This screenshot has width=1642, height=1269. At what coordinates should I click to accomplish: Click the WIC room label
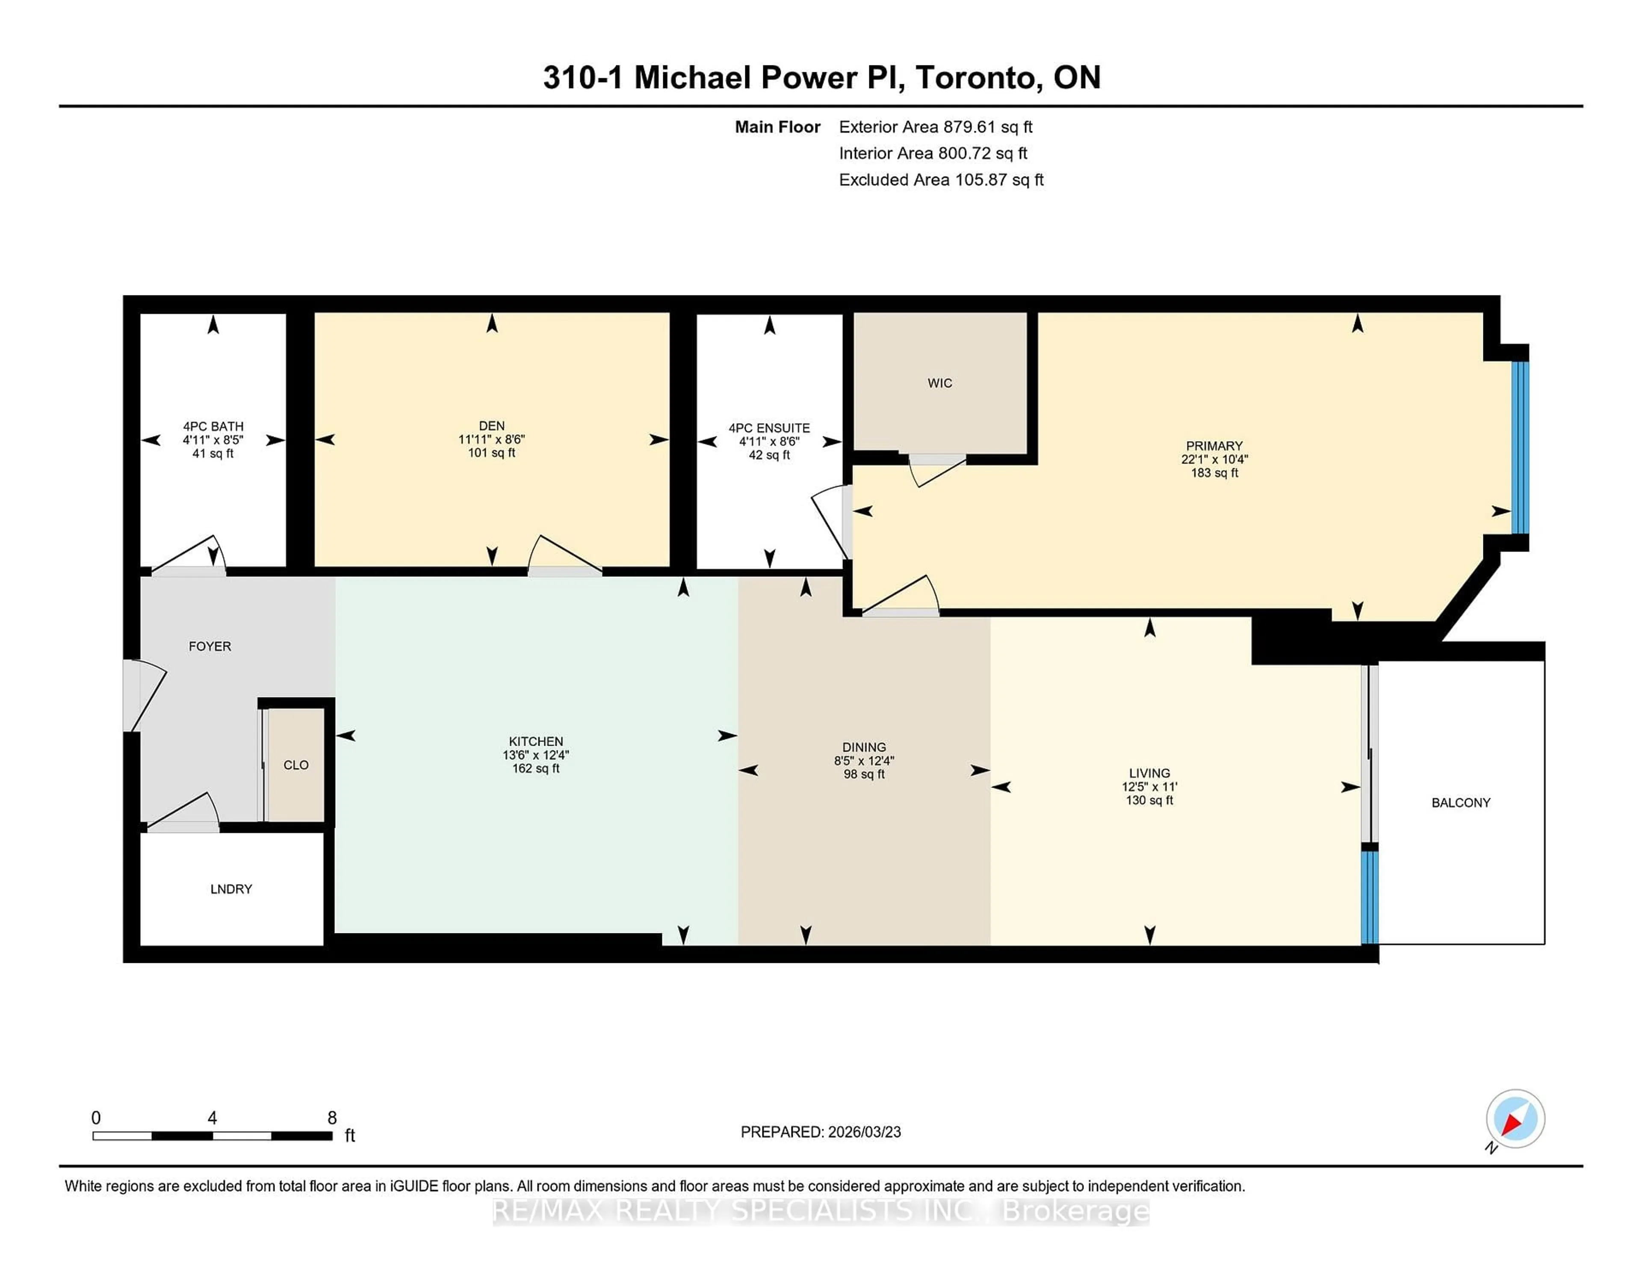click(x=939, y=383)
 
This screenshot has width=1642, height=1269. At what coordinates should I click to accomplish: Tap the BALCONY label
click(x=1460, y=802)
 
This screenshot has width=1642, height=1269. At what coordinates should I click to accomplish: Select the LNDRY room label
click(x=231, y=888)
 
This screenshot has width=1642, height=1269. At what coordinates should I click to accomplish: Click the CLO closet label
click(x=295, y=764)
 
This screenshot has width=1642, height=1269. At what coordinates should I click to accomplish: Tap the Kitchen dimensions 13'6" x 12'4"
click(x=535, y=755)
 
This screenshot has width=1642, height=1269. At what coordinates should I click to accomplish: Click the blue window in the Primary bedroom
click(x=1519, y=447)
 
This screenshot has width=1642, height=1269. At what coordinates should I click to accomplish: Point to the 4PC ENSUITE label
click(x=768, y=428)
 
